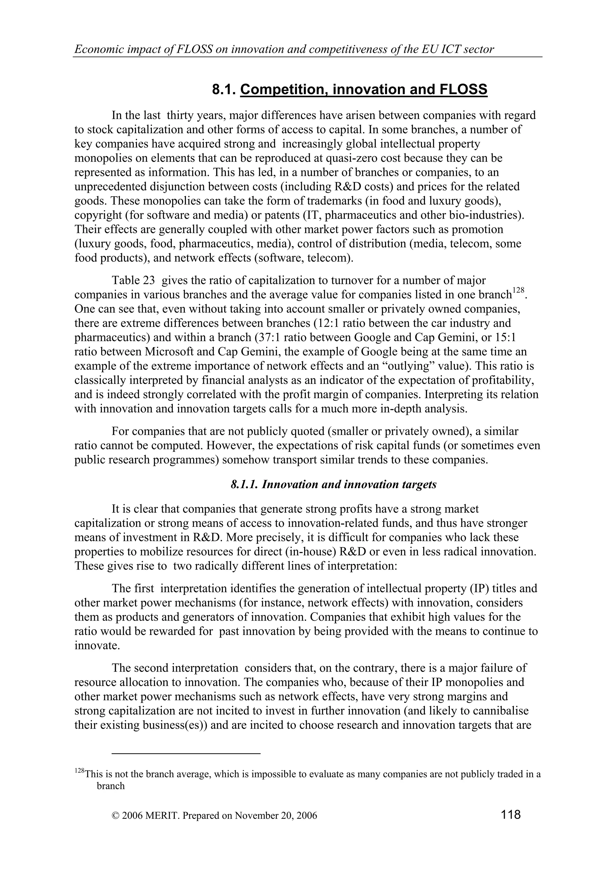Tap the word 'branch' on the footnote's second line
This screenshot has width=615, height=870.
coord(111,786)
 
